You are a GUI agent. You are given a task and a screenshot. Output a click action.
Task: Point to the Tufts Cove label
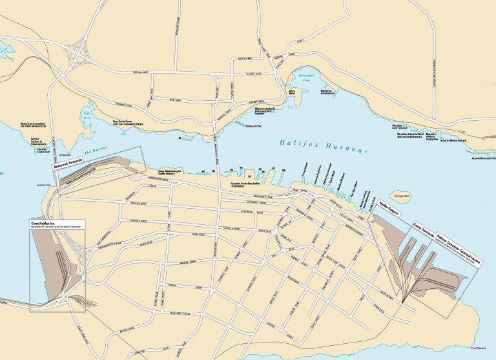coord(87,117)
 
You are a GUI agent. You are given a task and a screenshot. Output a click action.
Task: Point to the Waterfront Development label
coord(331,91)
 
